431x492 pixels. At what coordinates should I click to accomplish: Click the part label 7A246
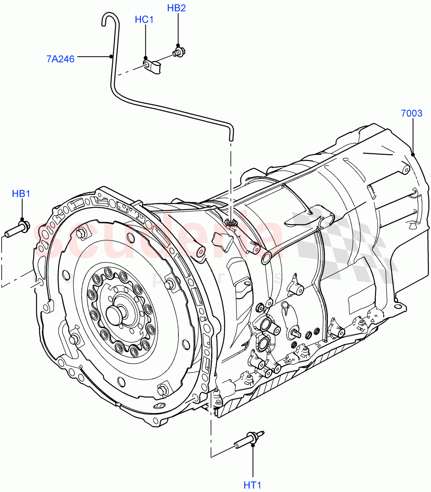pyautogui.click(x=60, y=59)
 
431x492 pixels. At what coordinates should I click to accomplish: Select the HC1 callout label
pyautogui.click(x=144, y=19)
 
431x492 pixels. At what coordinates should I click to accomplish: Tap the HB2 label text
pyautogui.click(x=176, y=8)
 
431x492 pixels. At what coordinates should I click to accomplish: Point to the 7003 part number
pyautogui.click(x=411, y=113)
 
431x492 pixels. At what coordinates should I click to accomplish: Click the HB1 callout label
pyautogui.click(x=21, y=194)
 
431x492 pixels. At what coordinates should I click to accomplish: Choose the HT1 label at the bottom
pyautogui.click(x=253, y=485)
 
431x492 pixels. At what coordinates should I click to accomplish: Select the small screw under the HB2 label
pyautogui.click(x=178, y=52)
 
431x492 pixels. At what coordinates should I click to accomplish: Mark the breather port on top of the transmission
pyautogui.click(x=231, y=223)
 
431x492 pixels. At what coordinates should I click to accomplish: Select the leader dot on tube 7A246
pyautogui.click(x=111, y=57)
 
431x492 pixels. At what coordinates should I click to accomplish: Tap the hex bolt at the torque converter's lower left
pyautogui.click(x=74, y=339)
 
